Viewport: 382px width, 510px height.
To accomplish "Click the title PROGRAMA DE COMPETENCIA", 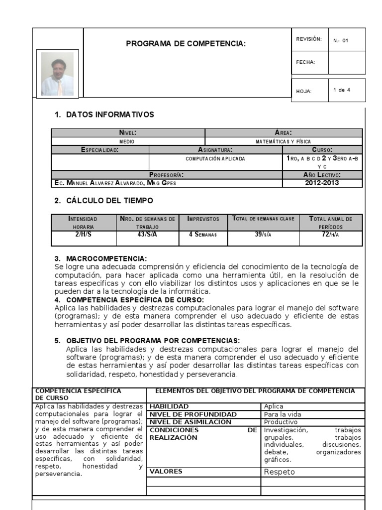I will (x=186, y=44).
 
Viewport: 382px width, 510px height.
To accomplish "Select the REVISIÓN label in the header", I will (x=309, y=39).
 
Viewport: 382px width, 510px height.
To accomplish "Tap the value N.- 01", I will (x=341, y=40).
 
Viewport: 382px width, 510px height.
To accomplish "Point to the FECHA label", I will (x=305, y=62).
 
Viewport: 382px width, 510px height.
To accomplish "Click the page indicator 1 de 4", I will (x=342, y=90).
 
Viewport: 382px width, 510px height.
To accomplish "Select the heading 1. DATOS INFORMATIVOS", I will (x=104, y=115).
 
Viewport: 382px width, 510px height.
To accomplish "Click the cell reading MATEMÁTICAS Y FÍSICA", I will (x=284, y=141).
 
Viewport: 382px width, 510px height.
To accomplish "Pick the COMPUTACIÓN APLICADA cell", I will (x=215, y=158).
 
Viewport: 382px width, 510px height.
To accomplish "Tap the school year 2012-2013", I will (x=322, y=183).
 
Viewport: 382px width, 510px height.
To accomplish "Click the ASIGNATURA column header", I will (x=215, y=150).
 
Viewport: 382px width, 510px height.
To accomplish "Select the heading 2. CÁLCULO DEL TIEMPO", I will (x=103, y=201).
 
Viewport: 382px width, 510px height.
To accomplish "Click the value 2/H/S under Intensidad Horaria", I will (x=84, y=234).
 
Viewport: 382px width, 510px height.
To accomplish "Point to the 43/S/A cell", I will (x=147, y=234).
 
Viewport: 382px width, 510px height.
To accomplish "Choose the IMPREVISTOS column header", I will (x=203, y=219).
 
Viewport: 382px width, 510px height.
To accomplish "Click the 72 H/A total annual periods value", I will (x=331, y=234).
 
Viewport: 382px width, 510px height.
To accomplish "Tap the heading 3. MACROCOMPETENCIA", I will (x=100, y=258).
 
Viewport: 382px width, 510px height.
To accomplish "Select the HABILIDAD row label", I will (x=169, y=406).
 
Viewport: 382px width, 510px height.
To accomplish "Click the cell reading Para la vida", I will (x=283, y=414).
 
